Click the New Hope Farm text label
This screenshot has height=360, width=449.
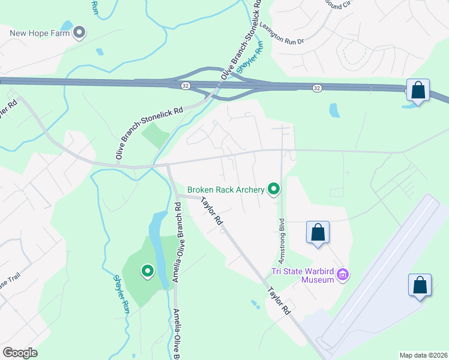coord(40,32)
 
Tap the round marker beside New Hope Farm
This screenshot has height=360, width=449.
coord(79,32)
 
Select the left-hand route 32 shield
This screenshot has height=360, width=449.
coord(186,86)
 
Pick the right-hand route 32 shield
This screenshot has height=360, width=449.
coord(316,88)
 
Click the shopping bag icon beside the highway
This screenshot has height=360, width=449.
coord(418,91)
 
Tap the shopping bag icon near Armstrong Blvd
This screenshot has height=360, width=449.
coord(318,233)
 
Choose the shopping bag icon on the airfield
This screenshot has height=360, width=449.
coord(420,285)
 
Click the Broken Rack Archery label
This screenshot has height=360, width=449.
coord(226,190)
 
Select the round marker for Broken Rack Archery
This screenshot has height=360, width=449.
coord(274,190)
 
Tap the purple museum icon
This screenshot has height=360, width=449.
coord(343,275)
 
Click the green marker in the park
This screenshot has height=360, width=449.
coord(147,272)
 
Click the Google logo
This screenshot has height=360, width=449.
coord(20,353)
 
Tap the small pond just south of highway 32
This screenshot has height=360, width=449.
coord(334,110)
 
